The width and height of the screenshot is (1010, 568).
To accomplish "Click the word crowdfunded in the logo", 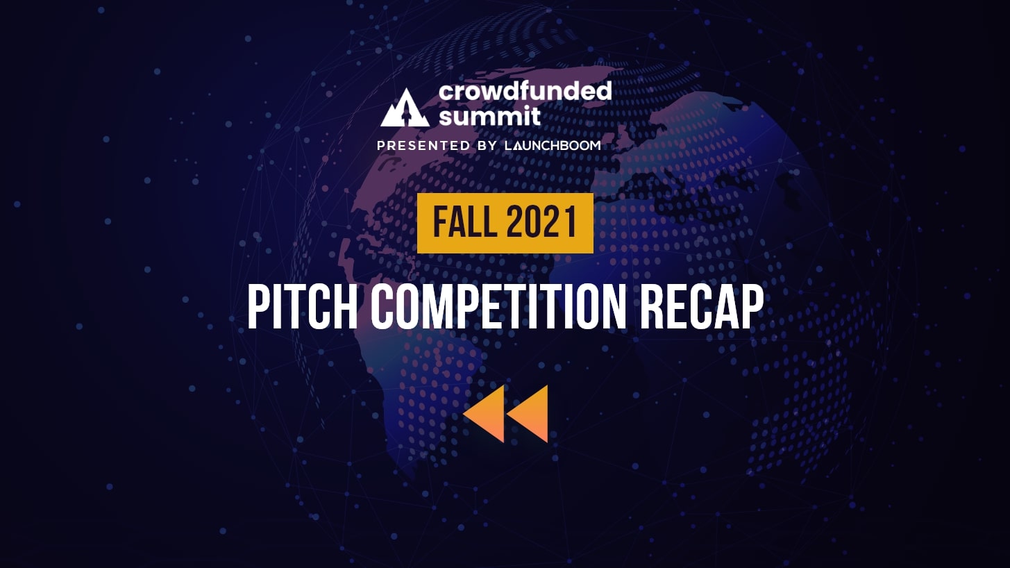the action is coord(525,92).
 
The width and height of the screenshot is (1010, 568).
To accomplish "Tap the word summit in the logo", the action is coord(489,117).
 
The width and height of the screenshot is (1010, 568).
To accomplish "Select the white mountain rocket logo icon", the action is coord(405,108).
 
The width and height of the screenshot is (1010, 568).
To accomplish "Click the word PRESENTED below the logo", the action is coord(423,146).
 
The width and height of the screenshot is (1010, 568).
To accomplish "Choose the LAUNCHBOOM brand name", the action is coord(553,146).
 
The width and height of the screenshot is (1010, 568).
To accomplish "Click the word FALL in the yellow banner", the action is coord(464,222).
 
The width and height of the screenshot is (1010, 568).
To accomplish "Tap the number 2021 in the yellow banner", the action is coord(541,222).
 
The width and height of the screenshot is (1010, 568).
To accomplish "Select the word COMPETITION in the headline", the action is coord(498,308).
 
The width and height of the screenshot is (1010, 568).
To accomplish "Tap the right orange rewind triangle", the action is coord(528,413).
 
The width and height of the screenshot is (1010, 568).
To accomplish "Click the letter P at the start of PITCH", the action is coord(259,308).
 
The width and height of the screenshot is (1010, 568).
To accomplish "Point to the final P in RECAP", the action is coord(752,308).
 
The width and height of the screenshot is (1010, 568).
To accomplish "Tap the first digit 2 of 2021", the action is coord(514,222).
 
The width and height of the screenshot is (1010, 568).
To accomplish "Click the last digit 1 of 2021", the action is coord(571,222).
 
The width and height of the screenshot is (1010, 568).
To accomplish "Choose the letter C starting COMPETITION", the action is coord(382,308).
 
